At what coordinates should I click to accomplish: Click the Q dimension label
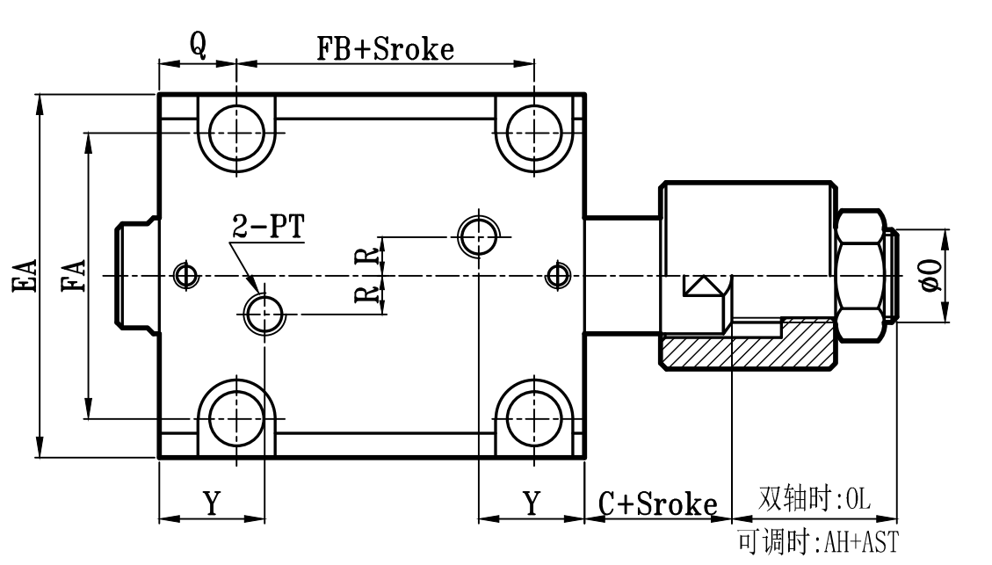198,47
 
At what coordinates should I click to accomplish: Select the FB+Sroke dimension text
386,48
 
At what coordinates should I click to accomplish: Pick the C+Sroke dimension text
658,504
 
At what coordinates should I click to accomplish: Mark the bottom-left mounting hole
236,417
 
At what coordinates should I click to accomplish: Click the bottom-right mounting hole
535,417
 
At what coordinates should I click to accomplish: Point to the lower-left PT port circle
264,314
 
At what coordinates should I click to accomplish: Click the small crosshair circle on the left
185,275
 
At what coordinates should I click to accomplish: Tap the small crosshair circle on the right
554,275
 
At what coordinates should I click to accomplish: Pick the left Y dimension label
212,503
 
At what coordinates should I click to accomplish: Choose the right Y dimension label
532,503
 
